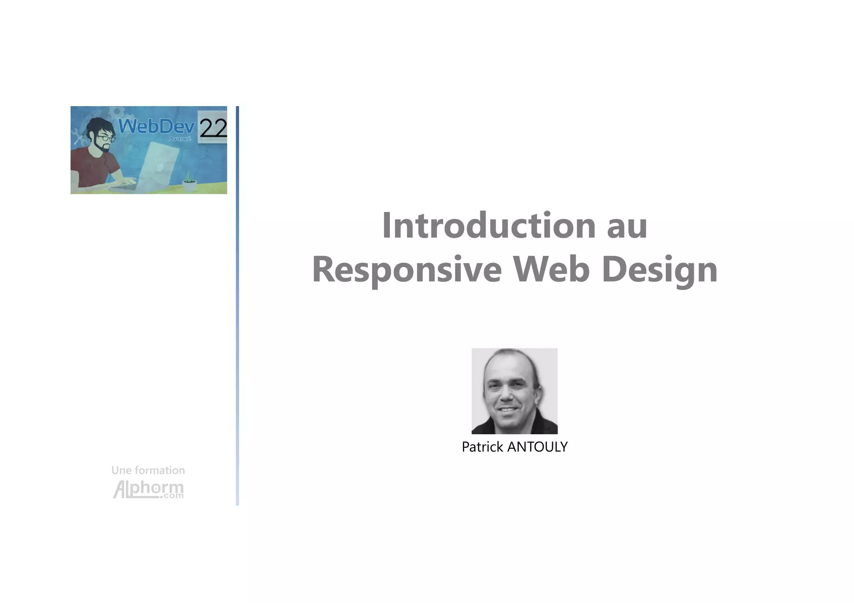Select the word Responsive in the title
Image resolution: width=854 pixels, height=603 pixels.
407,270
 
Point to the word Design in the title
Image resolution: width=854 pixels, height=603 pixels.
660,270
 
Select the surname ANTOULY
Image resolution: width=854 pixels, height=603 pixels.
537,447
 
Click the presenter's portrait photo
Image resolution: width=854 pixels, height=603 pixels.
514,391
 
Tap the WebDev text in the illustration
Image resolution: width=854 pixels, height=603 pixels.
156,126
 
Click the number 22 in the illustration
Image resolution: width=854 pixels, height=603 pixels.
213,128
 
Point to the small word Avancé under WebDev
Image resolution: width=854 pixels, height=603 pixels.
180,139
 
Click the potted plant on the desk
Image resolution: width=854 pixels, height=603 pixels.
189,182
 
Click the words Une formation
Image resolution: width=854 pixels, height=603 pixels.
148,470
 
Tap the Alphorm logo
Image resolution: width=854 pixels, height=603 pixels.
148,489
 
